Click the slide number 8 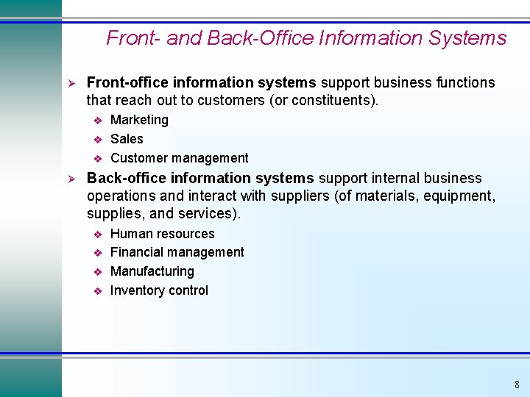pyautogui.click(x=517, y=385)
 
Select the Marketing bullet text pyautogui.click(x=139, y=120)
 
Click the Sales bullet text pyautogui.click(x=127, y=139)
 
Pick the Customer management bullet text pyautogui.click(x=179, y=158)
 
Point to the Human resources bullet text pyautogui.click(x=162, y=234)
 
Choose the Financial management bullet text pyautogui.click(x=177, y=252)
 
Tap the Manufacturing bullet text pyautogui.click(x=152, y=271)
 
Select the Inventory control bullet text pyautogui.click(x=159, y=290)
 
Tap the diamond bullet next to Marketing pyautogui.click(x=96, y=121)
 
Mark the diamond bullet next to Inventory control pyautogui.click(x=96, y=291)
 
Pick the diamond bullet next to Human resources pyautogui.click(x=96, y=235)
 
